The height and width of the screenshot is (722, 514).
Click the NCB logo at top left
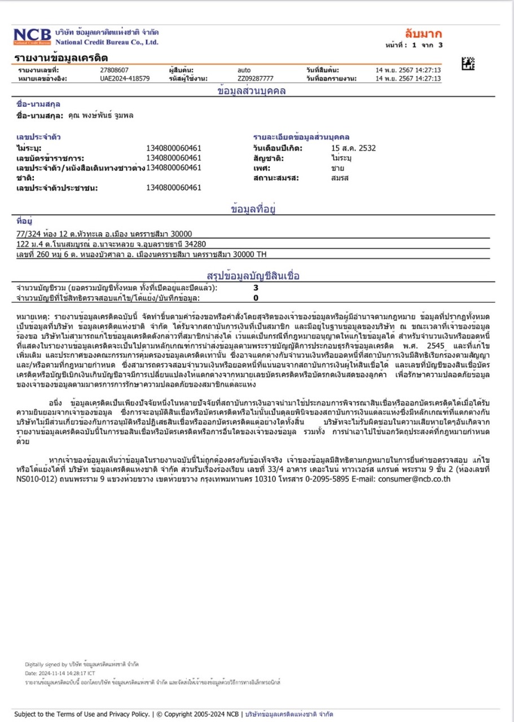[32, 37]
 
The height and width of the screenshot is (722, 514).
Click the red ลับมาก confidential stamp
[423, 33]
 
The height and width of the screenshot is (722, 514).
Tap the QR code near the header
[468, 63]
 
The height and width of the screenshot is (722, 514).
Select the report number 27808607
[114, 70]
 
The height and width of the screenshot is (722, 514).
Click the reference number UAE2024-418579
[124, 78]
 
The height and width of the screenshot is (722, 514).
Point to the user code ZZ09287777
[256, 78]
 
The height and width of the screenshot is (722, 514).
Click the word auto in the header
[244, 70]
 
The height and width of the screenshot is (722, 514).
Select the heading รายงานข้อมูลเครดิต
[61, 58]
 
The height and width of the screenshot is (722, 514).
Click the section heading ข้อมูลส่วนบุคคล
[252, 91]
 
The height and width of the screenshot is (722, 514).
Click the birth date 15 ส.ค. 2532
[353, 148]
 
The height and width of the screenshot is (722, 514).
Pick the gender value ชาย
[338, 168]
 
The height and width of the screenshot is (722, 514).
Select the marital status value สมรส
[340, 178]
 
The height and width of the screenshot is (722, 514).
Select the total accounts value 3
[256, 288]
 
